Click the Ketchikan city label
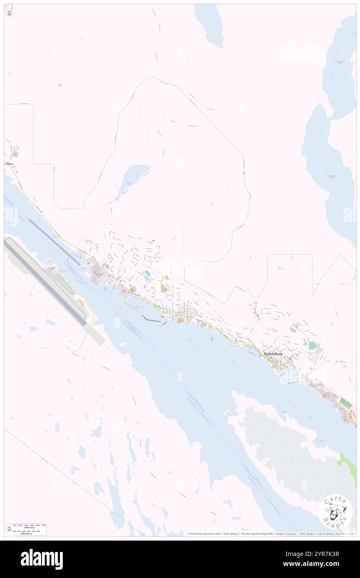(x=273, y=354)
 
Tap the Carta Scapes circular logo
(x=335, y=512)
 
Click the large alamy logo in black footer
(x=42, y=559)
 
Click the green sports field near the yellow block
(x=147, y=274)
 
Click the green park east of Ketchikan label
(x=313, y=345)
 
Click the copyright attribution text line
(x=270, y=534)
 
